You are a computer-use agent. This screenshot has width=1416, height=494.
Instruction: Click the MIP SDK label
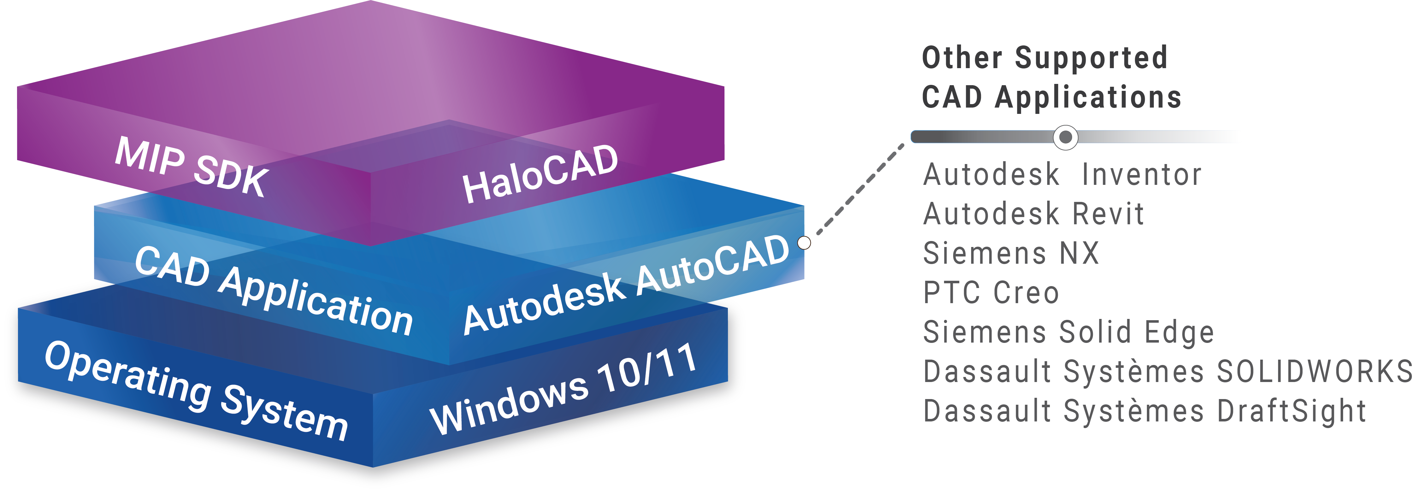[x=191, y=166]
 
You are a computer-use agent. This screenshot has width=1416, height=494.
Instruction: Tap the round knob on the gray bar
[x=1065, y=137]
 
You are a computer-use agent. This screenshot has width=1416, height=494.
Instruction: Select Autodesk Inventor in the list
[x=1062, y=175]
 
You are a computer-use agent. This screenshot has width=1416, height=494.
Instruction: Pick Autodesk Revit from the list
[x=1033, y=214]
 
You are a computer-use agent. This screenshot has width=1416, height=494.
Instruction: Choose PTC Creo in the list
[x=991, y=292]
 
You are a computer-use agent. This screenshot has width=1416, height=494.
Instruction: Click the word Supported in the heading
[x=1091, y=58]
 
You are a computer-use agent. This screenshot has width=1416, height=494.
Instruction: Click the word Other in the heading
[x=962, y=58]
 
